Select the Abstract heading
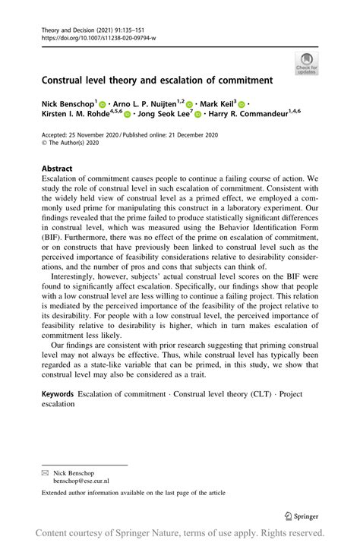tap(58, 169)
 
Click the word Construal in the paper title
tap(65, 79)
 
